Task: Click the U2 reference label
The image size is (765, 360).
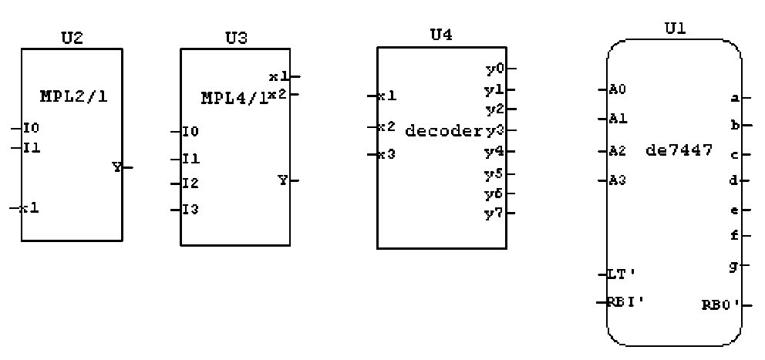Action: pyautogui.click(x=72, y=39)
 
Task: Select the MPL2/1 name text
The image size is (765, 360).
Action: pyautogui.click(x=71, y=96)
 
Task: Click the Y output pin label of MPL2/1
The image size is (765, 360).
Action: pyautogui.click(x=116, y=167)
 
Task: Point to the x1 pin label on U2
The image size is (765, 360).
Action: pyautogui.click(x=30, y=207)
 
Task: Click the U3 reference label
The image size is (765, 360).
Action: pyautogui.click(x=236, y=39)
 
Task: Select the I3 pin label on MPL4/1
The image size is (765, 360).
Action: pyautogui.click(x=190, y=209)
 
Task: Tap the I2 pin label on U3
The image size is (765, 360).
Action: pyautogui.click(x=190, y=183)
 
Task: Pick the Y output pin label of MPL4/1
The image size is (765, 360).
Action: pyautogui.click(x=283, y=180)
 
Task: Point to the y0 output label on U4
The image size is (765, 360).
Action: pyautogui.click(x=494, y=69)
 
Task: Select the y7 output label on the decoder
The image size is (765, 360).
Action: pyautogui.click(x=494, y=213)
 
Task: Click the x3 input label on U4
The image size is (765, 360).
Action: pyautogui.click(x=386, y=153)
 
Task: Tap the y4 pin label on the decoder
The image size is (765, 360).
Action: pyautogui.click(x=494, y=150)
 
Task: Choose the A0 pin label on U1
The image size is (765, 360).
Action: pyautogui.click(x=618, y=89)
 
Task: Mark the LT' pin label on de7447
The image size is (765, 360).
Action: pyautogui.click(x=621, y=274)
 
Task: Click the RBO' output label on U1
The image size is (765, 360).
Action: pyautogui.click(x=720, y=304)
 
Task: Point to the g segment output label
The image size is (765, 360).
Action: pyautogui.click(x=734, y=265)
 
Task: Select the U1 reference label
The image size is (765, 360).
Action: pyautogui.click(x=675, y=29)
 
